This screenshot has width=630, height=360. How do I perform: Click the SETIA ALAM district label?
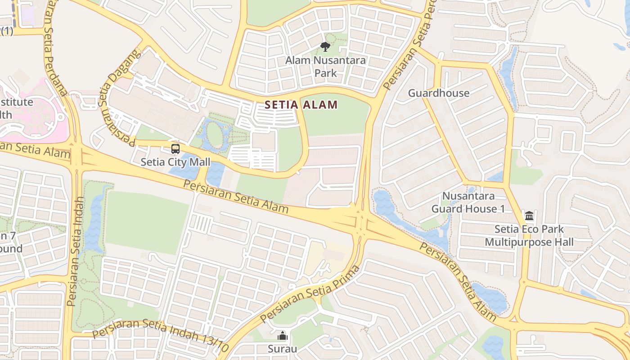[x=301, y=105]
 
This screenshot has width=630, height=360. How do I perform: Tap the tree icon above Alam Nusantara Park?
[x=325, y=46]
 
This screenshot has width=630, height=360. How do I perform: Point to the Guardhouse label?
[x=438, y=93]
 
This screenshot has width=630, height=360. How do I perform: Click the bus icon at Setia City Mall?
[x=175, y=148]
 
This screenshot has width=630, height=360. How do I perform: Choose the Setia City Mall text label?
[x=175, y=162]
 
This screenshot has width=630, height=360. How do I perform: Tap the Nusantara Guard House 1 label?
[x=468, y=202]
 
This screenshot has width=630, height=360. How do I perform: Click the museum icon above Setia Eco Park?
[x=529, y=216]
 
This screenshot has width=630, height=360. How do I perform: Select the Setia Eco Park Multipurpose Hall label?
[x=529, y=236]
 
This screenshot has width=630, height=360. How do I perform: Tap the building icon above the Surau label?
[x=282, y=335]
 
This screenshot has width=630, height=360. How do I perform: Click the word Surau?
[x=282, y=349]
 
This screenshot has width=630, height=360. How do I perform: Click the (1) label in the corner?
[x=7, y=31]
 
